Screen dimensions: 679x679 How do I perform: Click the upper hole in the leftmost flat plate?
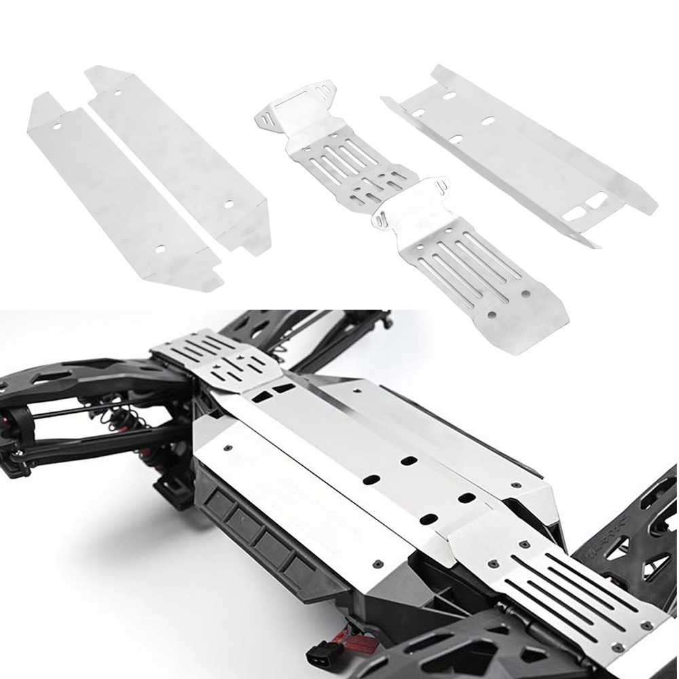click(56, 125)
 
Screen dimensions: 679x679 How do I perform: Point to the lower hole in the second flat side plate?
click(229, 202)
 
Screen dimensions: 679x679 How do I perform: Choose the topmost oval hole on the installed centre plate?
click(409, 461)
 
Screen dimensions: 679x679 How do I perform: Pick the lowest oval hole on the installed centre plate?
click(428, 519)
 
